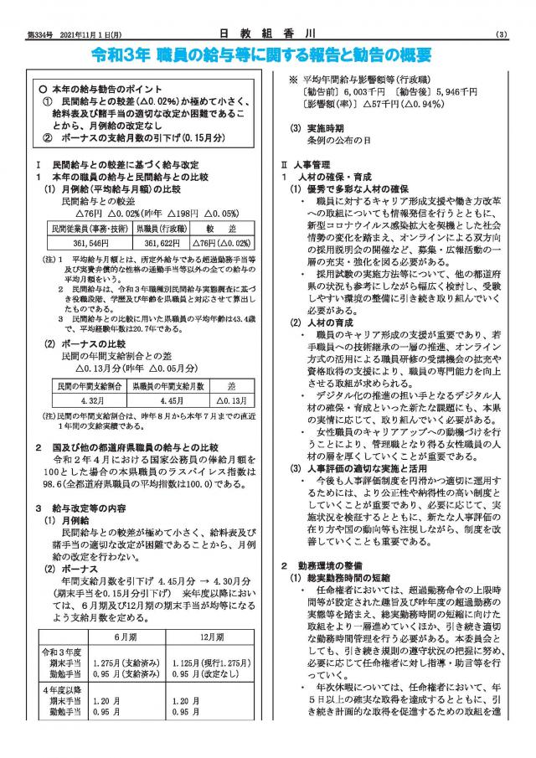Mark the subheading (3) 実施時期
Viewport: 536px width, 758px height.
pyautogui.click(x=314, y=128)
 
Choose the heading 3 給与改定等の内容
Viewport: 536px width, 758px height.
pyautogui.click(x=80, y=508)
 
